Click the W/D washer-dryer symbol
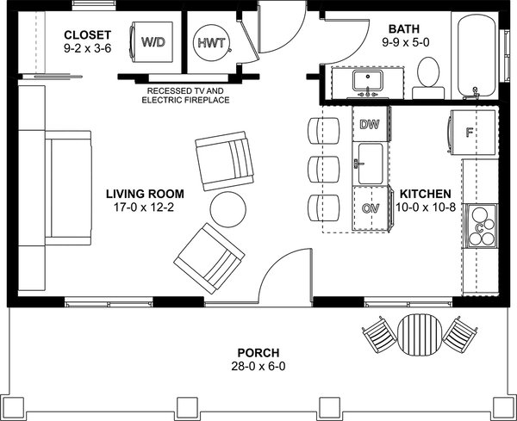tap(153, 41)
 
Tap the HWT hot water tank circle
tap(209, 41)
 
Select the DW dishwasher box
tap(370, 125)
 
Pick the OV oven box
tap(370, 208)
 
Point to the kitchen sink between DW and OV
tap(371, 164)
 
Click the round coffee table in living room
tap(229, 209)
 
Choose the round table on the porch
tap(419, 335)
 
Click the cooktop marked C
tap(479, 225)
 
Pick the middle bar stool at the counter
tap(321, 165)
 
